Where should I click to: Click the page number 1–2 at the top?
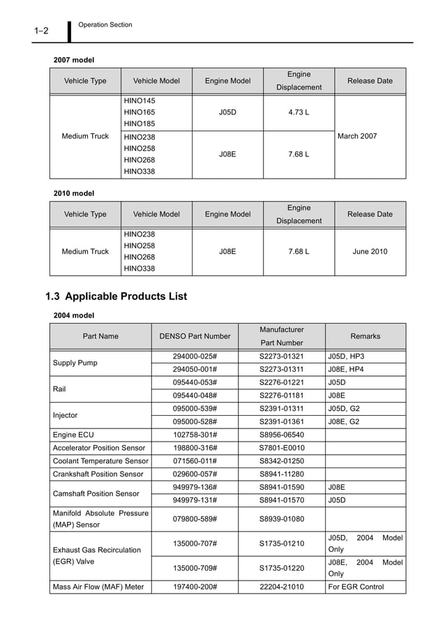40,31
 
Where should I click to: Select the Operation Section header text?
105,25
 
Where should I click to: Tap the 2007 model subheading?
74,60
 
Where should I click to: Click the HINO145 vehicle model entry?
139,100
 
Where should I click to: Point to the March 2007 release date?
357,136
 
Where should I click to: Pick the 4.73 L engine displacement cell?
299,112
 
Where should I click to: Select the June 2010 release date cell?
370,251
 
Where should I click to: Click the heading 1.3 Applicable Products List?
116,297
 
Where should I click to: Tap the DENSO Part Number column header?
195,336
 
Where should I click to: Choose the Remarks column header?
365,336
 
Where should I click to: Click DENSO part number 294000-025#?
195,357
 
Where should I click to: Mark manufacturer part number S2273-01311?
281,369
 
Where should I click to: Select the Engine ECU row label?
73,435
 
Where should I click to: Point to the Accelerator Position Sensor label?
99,448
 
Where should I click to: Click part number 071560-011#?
195,461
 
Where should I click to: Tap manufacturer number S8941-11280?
281,474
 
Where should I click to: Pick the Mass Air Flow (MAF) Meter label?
98,587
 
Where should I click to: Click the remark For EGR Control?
356,587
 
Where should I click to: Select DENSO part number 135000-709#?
195,568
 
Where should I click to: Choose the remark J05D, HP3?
346,357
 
